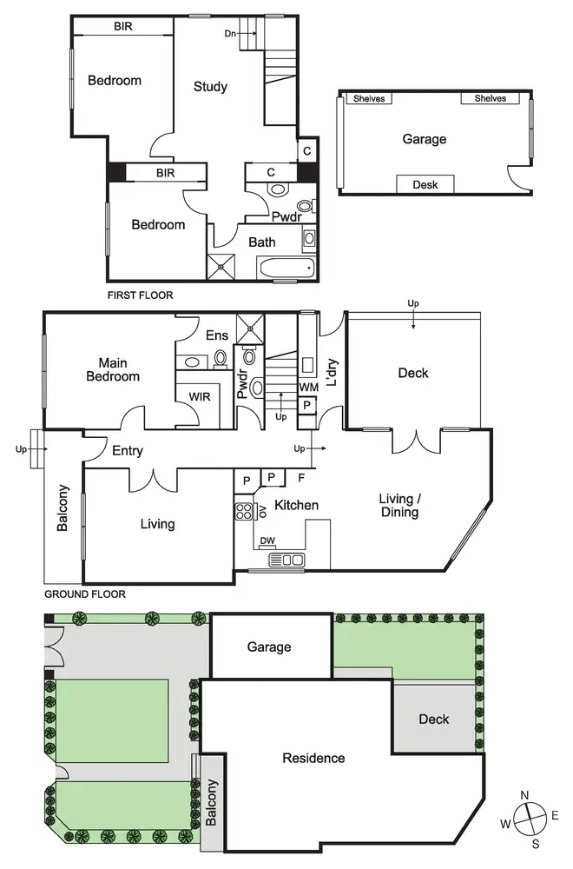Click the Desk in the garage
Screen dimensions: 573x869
425,184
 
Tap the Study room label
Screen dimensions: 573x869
210,86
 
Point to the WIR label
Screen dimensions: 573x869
201,396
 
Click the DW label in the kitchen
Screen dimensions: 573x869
267,540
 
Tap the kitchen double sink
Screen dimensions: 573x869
286,560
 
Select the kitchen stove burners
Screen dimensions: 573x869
242,511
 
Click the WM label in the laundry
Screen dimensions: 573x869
307,386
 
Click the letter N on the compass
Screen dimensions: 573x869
524,795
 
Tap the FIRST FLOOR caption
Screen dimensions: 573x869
140,295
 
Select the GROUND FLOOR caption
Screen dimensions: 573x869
84,594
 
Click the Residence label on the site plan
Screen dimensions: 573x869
313,758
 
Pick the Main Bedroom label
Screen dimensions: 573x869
119,369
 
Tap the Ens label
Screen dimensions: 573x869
216,335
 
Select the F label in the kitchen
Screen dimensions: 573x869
301,478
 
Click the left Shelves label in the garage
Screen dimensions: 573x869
369,98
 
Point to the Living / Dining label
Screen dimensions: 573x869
399,506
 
